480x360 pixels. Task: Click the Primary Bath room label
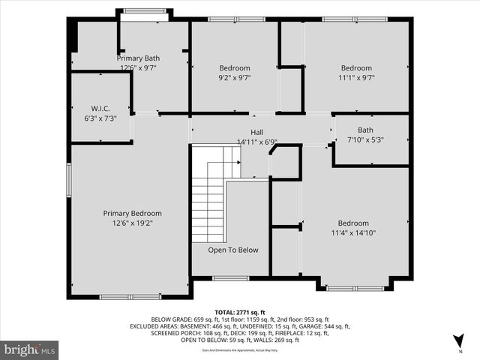[x=138, y=58]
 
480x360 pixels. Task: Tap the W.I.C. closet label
[x=100, y=109]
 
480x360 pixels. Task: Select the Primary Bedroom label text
[x=132, y=214]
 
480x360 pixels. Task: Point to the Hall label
[x=256, y=132]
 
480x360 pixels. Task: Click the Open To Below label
[x=233, y=250]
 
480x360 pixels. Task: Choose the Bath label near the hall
[x=365, y=130]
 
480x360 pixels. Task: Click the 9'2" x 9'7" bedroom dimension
[x=234, y=76]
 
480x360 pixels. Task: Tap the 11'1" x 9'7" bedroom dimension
[x=356, y=76]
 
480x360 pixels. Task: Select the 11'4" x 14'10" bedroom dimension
[x=352, y=233]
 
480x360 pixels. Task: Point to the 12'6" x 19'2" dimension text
[x=132, y=223]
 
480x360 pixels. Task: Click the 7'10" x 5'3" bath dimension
[x=365, y=139]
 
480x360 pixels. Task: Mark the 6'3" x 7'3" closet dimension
[x=100, y=118]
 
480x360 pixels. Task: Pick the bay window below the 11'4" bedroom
[x=355, y=287]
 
